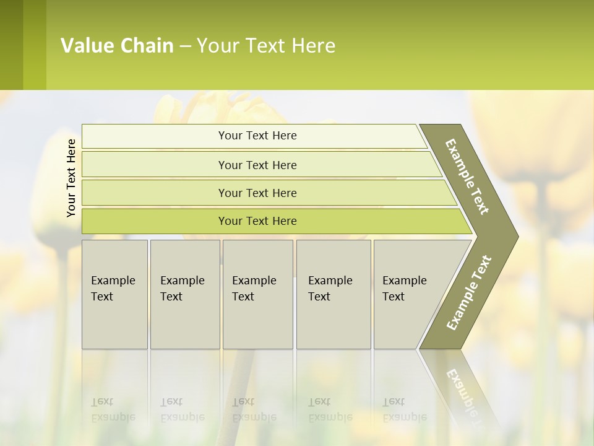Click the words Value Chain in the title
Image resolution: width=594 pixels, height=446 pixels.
point(117,46)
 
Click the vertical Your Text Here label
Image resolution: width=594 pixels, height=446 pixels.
point(71,178)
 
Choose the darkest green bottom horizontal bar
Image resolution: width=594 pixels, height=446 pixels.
point(155,221)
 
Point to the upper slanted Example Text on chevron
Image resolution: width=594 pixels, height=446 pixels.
point(467,177)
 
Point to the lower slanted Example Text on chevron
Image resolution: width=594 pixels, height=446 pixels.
point(469,292)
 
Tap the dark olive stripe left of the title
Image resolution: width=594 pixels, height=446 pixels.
point(11,45)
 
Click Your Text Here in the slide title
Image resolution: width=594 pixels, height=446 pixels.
point(266,46)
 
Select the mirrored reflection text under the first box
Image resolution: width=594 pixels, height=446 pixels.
point(113,409)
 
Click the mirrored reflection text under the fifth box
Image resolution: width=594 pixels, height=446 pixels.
point(404,409)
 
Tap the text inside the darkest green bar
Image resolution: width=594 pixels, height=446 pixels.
point(257,221)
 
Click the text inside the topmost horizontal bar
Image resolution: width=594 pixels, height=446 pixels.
point(257,136)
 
